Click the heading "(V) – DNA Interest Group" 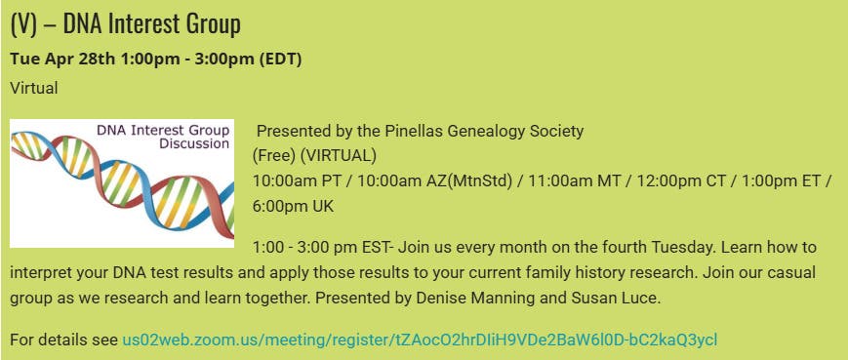[x=125, y=24]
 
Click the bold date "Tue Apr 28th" [x=62, y=59]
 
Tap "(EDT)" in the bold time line [x=280, y=59]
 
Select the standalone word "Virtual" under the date [x=33, y=88]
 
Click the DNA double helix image [x=122, y=183]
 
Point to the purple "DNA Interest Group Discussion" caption [x=163, y=137]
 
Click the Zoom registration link [x=420, y=340]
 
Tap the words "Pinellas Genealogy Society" [x=484, y=132]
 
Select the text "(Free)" [x=274, y=156]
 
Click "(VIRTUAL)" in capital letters [x=338, y=156]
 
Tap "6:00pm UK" [x=293, y=206]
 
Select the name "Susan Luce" [x=617, y=299]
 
